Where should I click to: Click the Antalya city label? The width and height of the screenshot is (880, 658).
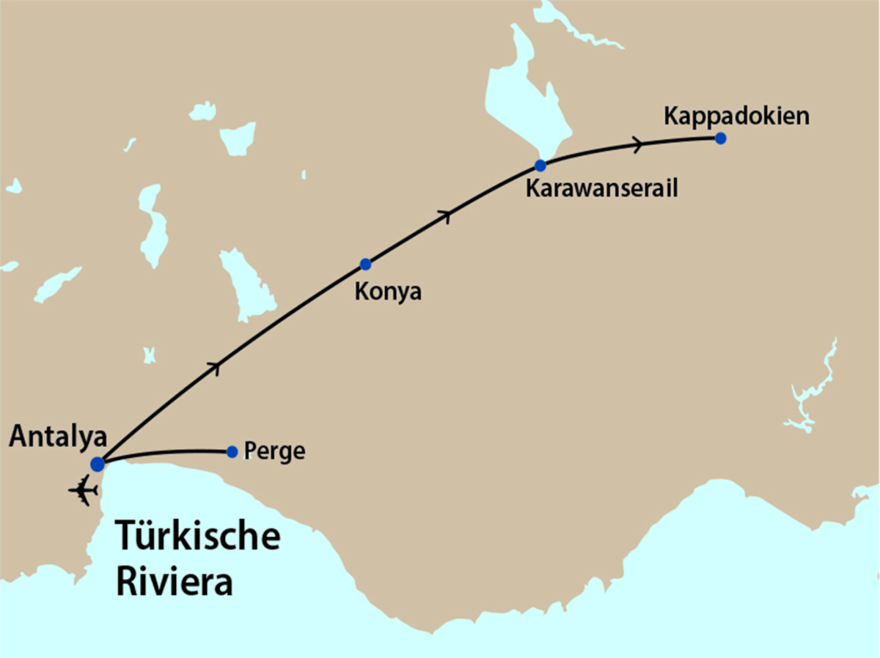58,437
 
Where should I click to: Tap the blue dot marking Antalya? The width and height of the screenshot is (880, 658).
98,464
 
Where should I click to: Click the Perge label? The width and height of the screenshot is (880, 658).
274,451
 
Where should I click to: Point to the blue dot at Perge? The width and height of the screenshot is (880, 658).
232,451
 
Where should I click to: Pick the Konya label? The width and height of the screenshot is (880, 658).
388,291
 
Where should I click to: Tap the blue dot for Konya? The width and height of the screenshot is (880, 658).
365,264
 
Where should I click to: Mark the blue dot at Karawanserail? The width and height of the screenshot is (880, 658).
540,165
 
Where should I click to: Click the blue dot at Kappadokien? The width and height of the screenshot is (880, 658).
721,138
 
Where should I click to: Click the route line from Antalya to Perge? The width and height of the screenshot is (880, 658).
169,452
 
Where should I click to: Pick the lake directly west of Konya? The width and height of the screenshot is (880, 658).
246,286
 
